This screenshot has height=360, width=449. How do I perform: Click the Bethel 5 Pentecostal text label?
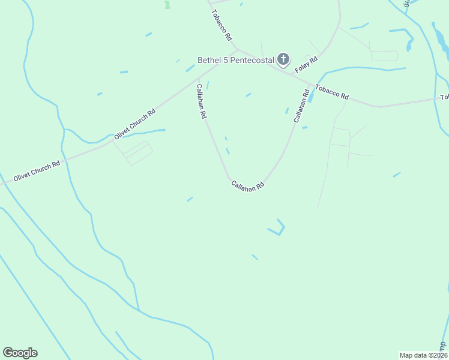coord(236,59)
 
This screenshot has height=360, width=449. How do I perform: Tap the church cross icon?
coord(283,59)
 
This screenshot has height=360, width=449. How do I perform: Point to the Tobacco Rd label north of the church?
coord(220,25)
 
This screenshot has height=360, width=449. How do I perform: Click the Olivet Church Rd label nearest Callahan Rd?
coord(135,124)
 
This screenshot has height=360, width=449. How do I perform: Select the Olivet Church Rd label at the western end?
coord(37,171)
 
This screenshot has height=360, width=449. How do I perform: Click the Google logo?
coord(20,353)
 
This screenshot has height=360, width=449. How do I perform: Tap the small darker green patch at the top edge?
coord(167,4)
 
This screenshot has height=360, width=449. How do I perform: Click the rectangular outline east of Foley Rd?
coord(384,56)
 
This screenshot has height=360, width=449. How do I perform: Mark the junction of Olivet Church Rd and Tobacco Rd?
coord(237,50)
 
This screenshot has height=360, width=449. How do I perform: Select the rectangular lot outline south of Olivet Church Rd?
coord(138,152)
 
